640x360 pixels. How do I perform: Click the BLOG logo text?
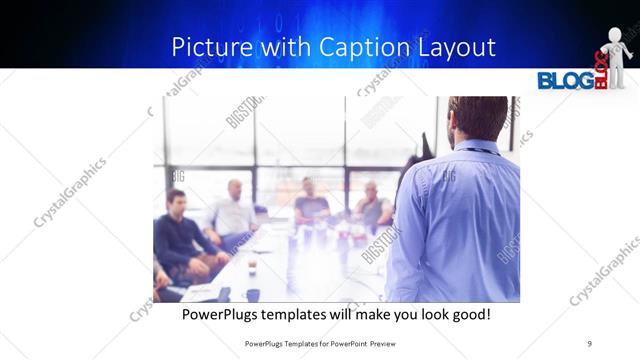[565, 80]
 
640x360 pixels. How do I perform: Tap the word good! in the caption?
[470, 314]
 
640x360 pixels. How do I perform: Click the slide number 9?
[590, 344]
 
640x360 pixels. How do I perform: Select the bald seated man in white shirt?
[234, 211]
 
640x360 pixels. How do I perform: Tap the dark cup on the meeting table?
[252, 294]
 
